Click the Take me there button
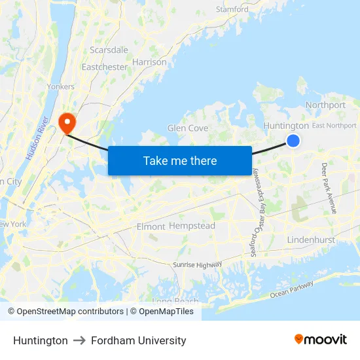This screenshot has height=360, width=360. coord(180,160)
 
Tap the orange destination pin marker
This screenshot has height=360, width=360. coord(67,122)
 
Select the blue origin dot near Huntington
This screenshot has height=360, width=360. coord(293,141)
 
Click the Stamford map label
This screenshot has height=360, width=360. coord(232,10)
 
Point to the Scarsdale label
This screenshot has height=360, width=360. coord(109,50)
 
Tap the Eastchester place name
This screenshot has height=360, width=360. coord(105,67)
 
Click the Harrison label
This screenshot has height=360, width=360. coord(149,62)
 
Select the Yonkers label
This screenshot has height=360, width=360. coord(61,86)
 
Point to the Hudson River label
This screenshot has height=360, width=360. coord(39,139)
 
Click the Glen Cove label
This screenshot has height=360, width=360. coord(188,128)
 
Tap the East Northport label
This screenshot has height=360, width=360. coord(334,126)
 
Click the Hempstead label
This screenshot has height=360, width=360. coord(192,226)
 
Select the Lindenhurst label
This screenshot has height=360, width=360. coord(311,240)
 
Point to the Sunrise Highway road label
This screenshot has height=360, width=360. coord(197,264)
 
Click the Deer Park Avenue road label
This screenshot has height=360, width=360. coord(329,188)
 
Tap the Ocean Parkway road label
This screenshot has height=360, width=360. coord(292,290)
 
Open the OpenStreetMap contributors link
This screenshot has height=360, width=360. coord(65,312)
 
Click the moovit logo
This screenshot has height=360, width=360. coord(320,340)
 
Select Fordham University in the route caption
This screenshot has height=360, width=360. coord(139,340)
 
